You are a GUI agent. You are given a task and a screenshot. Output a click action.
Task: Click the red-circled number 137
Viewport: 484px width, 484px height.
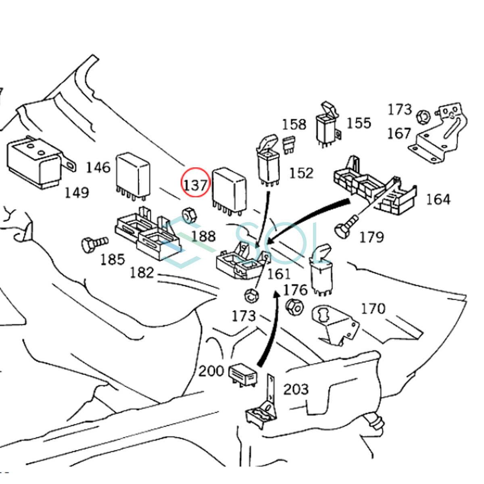(x=196, y=185)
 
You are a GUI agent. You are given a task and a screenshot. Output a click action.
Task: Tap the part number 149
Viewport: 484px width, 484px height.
(x=77, y=192)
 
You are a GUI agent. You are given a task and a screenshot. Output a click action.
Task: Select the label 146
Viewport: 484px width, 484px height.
(x=98, y=167)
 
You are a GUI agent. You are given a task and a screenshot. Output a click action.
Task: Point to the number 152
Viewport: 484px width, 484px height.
(x=301, y=173)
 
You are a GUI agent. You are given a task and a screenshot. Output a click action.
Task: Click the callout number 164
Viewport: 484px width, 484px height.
(x=438, y=199)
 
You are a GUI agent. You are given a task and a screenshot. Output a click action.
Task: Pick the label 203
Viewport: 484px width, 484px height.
(x=296, y=389)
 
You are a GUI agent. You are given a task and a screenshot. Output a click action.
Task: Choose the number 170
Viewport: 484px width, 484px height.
(x=373, y=309)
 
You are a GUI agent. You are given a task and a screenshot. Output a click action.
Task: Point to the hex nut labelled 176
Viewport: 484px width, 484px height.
(x=294, y=307)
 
